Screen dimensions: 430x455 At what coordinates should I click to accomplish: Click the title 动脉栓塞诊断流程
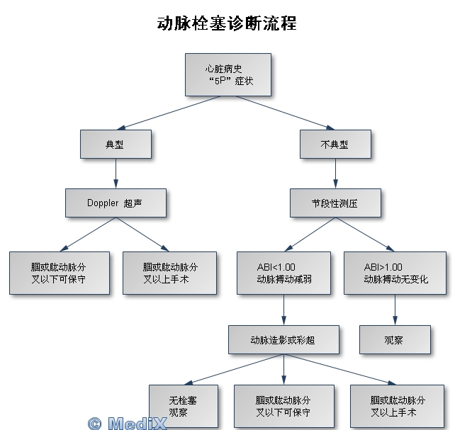tap(227, 23)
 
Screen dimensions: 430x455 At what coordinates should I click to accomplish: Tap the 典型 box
tap(115, 145)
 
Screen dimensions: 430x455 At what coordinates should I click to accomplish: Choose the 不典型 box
tap(335, 145)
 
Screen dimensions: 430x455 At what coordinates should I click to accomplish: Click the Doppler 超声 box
tap(116, 203)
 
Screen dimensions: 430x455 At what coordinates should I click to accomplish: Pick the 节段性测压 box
tap(335, 203)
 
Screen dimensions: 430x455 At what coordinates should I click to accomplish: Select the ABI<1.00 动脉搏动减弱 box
tap(283, 273)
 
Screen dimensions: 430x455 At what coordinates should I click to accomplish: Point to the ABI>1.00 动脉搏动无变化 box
tap(395, 273)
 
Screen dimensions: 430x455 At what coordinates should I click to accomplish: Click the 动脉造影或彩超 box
tap(283, 340)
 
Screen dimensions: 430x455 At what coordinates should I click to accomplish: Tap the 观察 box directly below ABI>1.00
tap(395, 340)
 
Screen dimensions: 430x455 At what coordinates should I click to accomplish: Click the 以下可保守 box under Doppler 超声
tap(60, 273)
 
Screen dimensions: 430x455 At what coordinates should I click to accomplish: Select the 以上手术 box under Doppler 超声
tap(170, 273)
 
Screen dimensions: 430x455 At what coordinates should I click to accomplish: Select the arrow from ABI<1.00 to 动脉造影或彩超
tap(283, 310)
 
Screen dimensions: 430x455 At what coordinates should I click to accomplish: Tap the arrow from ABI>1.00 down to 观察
tap(395, 310)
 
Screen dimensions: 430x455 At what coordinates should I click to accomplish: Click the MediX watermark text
tap(128, 423)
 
